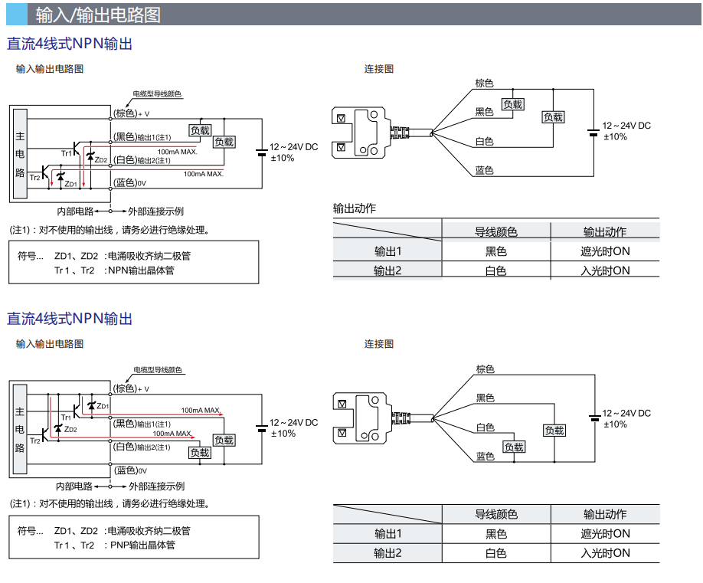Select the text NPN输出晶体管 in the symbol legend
141,270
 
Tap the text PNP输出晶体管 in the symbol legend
142,545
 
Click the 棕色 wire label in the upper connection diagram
484,83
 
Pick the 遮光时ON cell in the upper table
605,251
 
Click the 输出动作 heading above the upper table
355,208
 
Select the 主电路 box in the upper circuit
20,154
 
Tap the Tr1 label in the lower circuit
66,417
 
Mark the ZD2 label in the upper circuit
101,159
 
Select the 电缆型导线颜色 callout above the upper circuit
157,94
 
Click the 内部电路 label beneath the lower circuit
74,486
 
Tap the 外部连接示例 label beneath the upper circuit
155,211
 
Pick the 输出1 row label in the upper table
387,251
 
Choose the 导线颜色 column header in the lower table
495,514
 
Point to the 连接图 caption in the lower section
378,344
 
